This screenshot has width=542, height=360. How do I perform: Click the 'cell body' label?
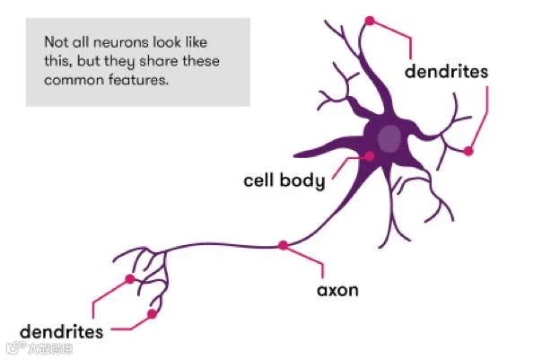(x=284, y=180)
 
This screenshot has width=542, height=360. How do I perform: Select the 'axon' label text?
(x=337, y=291)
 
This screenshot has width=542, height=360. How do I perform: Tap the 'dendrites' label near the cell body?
(x=446, y=71)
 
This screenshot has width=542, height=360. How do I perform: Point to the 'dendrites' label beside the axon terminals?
(x=62, y=331)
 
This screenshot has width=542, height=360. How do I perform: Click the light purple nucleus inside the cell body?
(x=389, y=139)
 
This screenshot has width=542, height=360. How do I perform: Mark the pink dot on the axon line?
(x=284, y=244)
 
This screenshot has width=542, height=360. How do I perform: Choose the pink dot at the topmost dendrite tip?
(x=369, y=20)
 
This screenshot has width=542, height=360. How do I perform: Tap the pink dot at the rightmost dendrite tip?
(x=468, y=152)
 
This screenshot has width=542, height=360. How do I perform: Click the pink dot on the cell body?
(x=369, y=156)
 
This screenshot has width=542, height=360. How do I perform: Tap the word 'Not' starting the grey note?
(x=56, y=42)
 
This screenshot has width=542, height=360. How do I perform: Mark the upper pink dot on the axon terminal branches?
(x=130, y=279)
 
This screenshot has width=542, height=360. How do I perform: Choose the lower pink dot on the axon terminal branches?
(x=153, y=314)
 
